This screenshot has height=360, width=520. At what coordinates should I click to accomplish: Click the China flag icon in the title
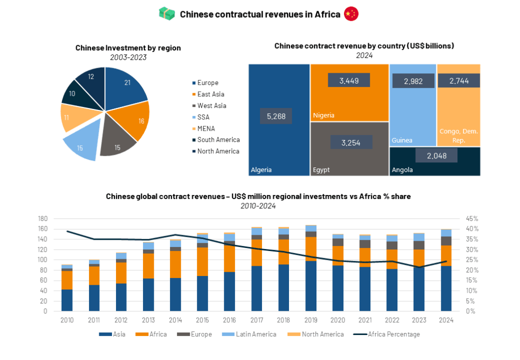coord(351,14)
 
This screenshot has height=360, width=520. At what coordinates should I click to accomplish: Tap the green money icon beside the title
coord(167,14)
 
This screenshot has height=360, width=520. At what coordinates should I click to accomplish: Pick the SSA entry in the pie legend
coord(203,117)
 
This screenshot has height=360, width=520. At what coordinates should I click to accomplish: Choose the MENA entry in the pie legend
coord(206,128)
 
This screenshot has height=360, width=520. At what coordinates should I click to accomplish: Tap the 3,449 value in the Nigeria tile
coord(349,80)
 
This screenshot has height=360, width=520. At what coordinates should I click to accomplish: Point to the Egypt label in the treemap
coord(322,170)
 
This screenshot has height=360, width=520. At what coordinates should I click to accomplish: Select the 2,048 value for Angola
coord(437,156)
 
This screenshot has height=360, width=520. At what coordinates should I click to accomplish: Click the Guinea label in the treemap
coord(402,140)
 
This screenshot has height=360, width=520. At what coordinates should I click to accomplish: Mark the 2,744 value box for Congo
coord(459,81)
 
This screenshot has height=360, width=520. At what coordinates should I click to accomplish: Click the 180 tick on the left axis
coord(43,218)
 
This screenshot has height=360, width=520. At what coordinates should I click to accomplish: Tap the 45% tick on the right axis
coord(472,218)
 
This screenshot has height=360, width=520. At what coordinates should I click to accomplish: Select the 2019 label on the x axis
coord(311,320)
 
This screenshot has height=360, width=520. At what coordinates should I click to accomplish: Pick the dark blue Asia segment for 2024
coord(446,288)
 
